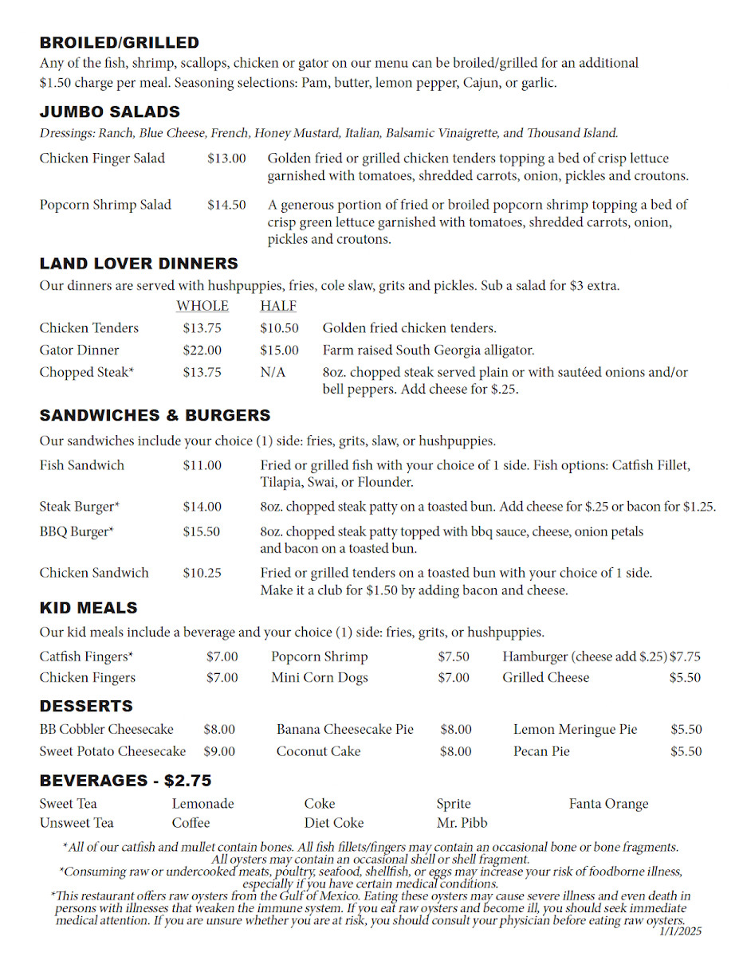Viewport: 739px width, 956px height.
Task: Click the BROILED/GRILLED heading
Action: pyautogui.click(x=119, y=43)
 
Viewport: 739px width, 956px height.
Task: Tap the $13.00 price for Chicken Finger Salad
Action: pyautogui.click(x=226, y=159)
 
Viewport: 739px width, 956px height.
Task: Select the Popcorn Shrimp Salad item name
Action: pyautogui.click(x=105, y=205)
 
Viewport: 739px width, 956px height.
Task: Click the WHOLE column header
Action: pyautogui.click(x=202, y=306)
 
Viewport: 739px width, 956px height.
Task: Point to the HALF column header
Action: pyautogui.click(x=278, y=306)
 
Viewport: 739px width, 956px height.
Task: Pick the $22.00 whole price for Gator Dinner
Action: pyautogui.click(x=202, y=350)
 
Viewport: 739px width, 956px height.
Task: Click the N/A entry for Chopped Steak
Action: pyautogui.click(x=273, y=372)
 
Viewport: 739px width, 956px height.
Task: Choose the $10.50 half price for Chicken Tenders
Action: pyautogui.click(x=279, y=328)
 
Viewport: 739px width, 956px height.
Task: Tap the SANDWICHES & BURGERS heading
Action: pyautogui.click(x=155, y=415)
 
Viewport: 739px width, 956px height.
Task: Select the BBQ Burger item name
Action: pyautogui.click(x=77, y=531)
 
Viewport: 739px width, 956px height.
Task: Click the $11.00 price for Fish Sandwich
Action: pyautogui.click(x=202, y=465)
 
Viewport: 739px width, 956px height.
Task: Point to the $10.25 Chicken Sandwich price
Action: pyautogui.click(x=202, y=573)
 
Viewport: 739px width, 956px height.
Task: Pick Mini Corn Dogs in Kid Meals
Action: pyautogui.click(x=320, y=678)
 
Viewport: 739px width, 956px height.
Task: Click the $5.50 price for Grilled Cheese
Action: pyautogui.click(x=685, y=678)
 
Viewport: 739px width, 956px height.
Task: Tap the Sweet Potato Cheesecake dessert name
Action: pyautogui.click(x=112, y=751)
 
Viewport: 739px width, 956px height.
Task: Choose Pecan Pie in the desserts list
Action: pyautogui.click(x=541, y=751)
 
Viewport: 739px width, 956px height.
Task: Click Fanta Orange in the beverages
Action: pyautogui.click(x=608, y=804)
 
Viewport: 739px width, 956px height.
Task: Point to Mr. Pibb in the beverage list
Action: pyautogui.click(x=462, y=823)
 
